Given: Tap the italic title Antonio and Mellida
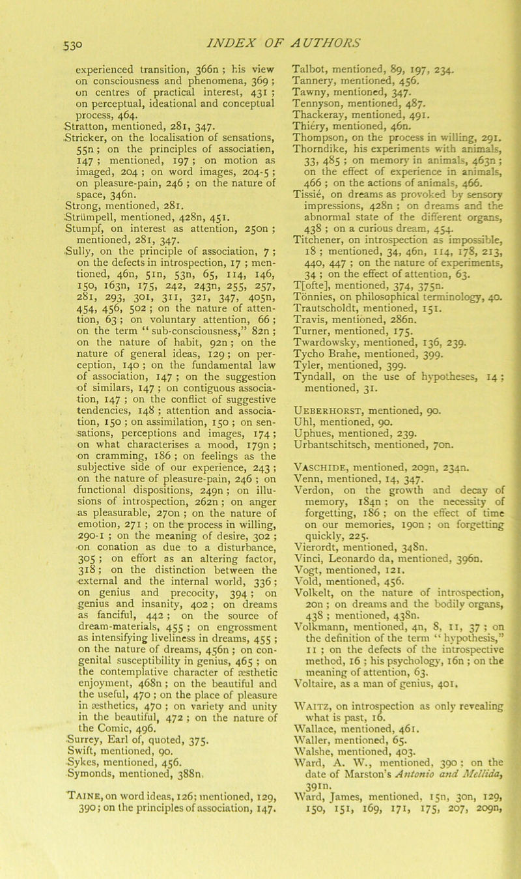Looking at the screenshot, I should [x=430, y=812].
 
